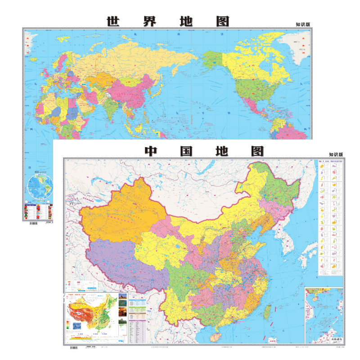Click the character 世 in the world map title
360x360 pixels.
[x=114, y=21]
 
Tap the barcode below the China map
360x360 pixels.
[x=75, y=347]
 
